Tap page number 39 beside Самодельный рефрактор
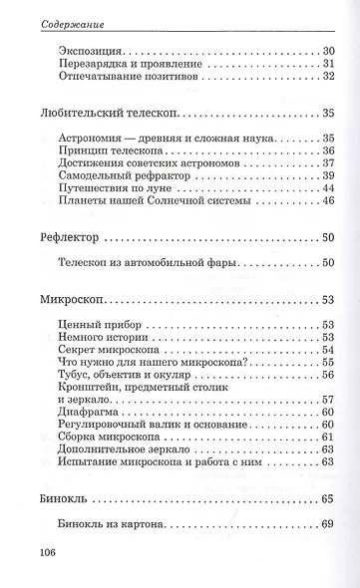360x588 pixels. pyautogui.click(x=326, y=175)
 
